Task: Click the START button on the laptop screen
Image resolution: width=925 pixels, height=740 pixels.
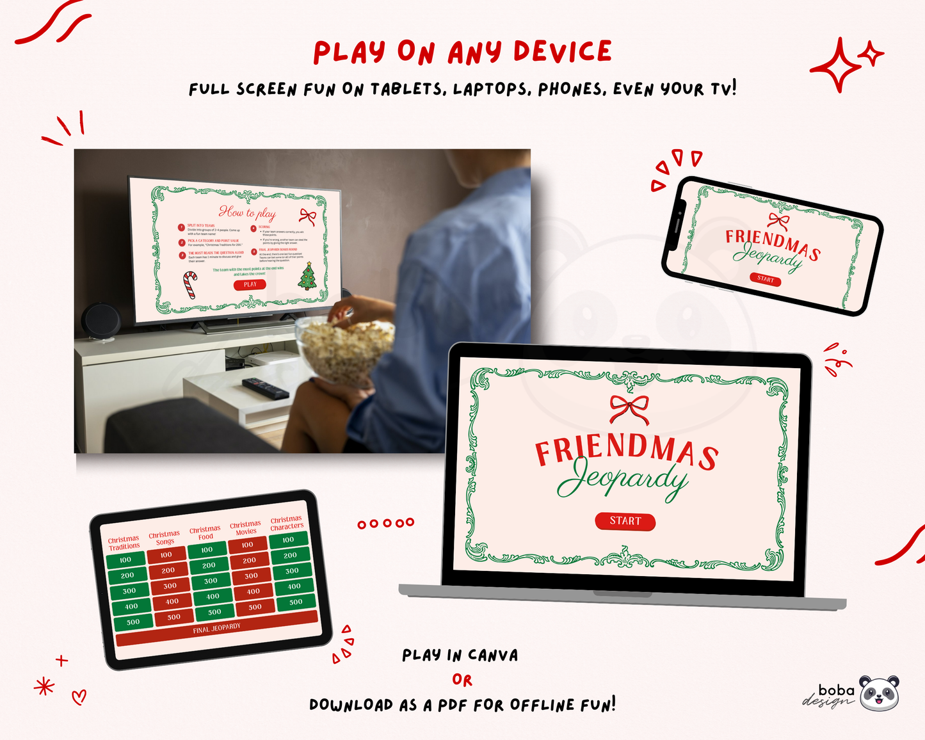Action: (625, 521)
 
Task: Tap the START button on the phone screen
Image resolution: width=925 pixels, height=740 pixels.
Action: (766, 279)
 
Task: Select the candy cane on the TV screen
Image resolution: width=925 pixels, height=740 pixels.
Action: (190, 285)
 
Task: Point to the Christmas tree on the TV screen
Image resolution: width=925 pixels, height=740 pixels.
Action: (308, 276)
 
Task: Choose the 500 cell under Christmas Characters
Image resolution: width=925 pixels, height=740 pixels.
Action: (296, 602)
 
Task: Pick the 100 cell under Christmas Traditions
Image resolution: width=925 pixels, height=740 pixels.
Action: (125, 560)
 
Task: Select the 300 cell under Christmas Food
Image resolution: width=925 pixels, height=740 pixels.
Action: (211, 581)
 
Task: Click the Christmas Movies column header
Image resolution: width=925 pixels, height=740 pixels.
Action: (246, 528)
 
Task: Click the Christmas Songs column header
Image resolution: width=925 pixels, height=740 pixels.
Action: (165, 538)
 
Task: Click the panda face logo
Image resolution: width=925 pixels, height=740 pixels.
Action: (879, 693)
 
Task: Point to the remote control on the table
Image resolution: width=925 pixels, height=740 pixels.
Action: (265, 387)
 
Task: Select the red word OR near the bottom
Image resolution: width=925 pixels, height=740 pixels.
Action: (462, 680)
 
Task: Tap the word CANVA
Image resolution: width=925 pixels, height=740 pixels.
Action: (492, 656)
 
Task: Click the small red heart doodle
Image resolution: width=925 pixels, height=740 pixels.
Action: (79, 696)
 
